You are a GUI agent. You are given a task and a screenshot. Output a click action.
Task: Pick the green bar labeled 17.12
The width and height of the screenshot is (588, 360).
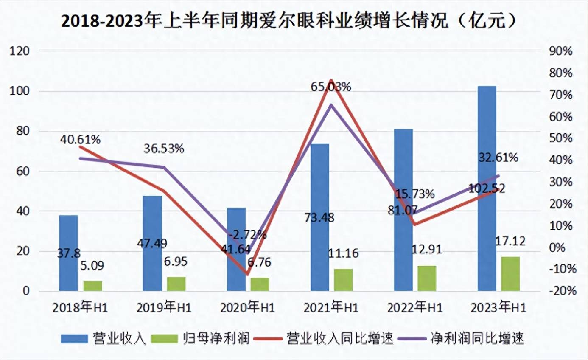coord(510,274)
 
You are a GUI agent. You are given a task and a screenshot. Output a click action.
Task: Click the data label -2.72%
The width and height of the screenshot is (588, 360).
coord(247,234)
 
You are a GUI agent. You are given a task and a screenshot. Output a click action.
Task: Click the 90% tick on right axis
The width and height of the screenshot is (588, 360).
coord(561,51)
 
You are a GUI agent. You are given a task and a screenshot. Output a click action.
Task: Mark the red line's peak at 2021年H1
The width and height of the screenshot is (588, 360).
coord(331,80)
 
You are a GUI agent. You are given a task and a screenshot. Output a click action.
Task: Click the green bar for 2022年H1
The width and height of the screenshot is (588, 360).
coord(426,278)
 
